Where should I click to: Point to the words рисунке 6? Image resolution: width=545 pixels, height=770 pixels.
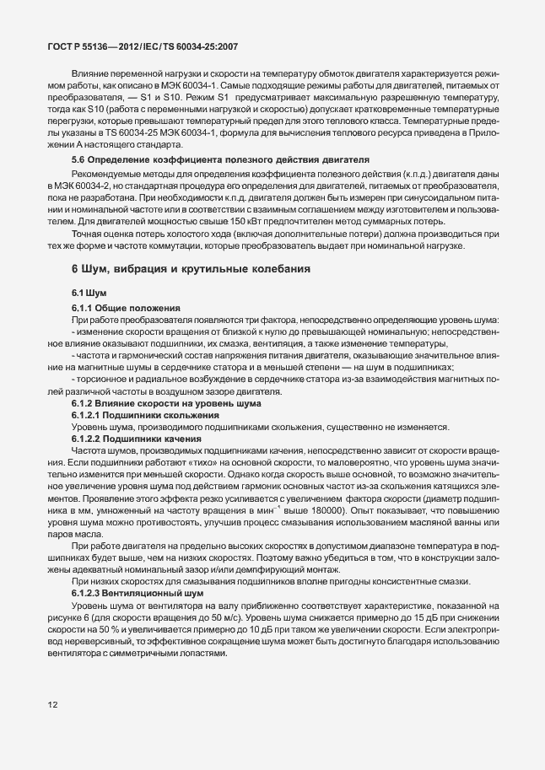(x=73, y=594)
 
